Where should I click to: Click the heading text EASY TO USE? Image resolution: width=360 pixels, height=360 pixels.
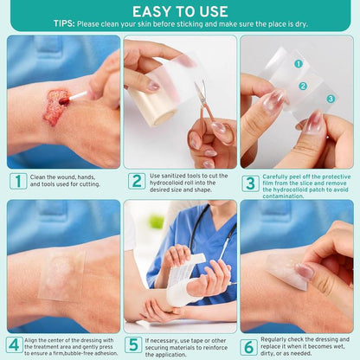[x=179, y=10]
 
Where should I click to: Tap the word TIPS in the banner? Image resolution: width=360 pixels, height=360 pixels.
[x=63, y=24]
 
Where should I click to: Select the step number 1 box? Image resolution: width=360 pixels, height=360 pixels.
[x=17, y=181]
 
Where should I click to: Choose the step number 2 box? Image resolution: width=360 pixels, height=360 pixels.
[x=136, y=181]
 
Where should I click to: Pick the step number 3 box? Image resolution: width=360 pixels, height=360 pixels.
[x=250, y=183]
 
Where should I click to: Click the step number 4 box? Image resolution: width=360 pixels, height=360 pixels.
[x=15, y=344]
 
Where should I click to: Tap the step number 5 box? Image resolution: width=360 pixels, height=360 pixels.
[x=132, y=344]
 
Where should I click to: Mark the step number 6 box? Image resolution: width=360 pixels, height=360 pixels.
[x=249, y=344]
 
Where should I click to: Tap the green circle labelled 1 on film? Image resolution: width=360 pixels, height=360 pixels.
[x=297, y=64]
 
